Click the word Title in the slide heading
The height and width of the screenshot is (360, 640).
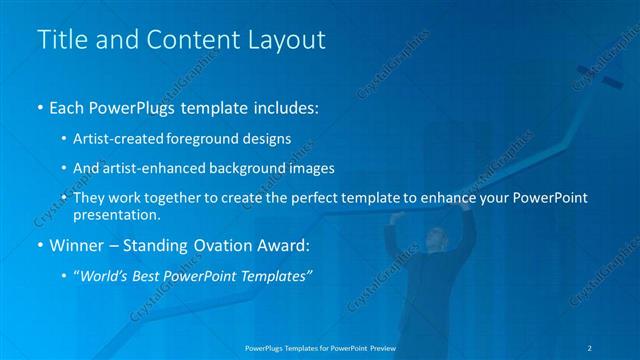60,40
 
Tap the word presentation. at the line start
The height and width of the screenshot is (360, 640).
117,214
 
